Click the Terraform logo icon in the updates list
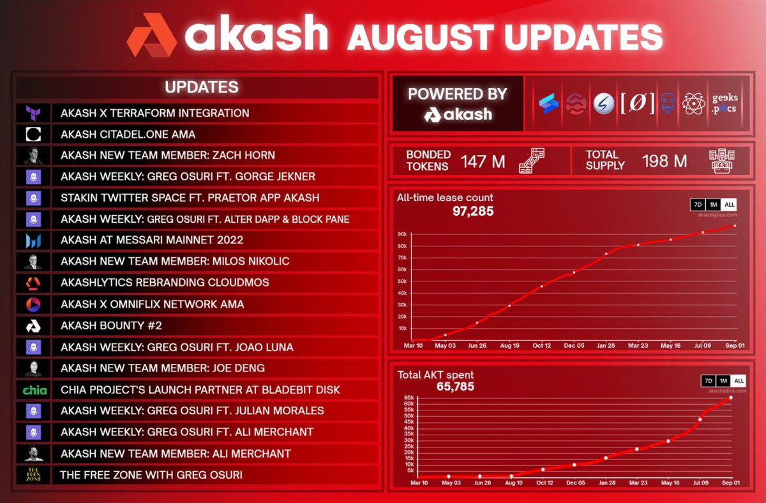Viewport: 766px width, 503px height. (34, 113)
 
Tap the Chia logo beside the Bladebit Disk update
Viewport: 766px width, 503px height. (34, 389)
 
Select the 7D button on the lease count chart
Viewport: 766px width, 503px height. (698, 205)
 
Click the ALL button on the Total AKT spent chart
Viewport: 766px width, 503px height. (739, 381)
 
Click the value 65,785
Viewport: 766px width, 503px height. (455, 386)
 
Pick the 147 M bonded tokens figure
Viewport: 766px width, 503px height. (483, 161)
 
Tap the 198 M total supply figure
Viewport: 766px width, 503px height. (665, 161)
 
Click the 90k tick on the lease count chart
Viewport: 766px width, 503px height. (402, 234)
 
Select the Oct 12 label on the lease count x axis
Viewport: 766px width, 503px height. (541, 345)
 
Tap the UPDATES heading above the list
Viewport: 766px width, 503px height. (202, 87)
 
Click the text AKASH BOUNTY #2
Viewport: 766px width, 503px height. (111, 326)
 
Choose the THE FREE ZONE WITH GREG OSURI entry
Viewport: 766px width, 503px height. (151, 475)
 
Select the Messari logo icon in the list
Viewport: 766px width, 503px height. (34, 241)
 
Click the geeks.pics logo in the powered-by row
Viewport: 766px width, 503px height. (724, 103)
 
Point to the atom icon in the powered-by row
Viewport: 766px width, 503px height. (693, 103)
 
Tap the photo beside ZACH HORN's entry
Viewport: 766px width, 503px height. (34, 155)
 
